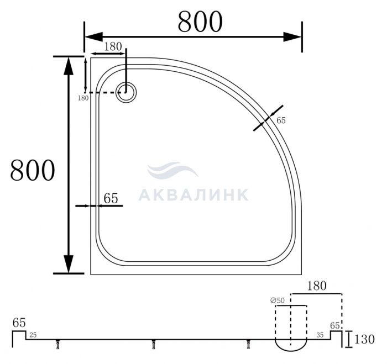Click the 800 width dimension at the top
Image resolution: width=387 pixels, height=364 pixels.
pyautogui.click(x=200, y=22)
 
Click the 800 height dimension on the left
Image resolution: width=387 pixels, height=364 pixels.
pyautogui.click(x=32, y=171)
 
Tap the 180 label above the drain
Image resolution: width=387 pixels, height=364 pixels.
pyautogui.click(x=113, y=46)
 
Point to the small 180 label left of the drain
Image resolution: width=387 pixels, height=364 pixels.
pyautogui.click(x=83, y=98)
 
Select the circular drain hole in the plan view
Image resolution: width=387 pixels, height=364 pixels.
pyautogui.click(x=126, y=92)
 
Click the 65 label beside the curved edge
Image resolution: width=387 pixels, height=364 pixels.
pyautogui.click(x=281, y=120)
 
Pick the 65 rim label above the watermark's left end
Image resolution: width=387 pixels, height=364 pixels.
pyautogui.click(x=111, y=198)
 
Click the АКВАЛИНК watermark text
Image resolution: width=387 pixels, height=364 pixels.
pyautogui.click(x=193, y=195)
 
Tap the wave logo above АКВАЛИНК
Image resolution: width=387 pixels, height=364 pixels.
pyautogui.click(x=172, y=170)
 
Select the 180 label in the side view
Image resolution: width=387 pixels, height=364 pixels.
pyautogui.click(x=316, y=286)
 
